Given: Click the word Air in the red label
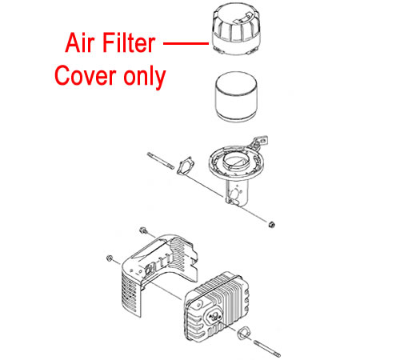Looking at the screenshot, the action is pyautogui.click(x=80, y=42).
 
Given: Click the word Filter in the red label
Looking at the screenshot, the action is pyautogui.click(x=129, y=42).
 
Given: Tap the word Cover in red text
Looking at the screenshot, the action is pyautogui.click(x=85, y=75).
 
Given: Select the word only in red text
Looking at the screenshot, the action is pyautogui.click(x=145, y=77).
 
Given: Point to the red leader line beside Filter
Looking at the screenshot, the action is pyautogui.click(x=186, y=42).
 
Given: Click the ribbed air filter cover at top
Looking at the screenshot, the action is pyautogui.click(x=236, y=29).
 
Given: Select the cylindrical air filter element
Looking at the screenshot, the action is pyautogui.click(x=236, y=97).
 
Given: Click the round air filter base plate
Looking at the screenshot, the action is pyautogui.click(x=234, y=162).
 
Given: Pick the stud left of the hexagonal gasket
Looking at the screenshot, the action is pyautogui.click(x=161, y=161).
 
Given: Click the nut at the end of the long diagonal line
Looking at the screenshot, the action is pyautogui.click(x=271, y=225).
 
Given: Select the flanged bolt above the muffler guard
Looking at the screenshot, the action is pyautogui.click(x=143, y=230).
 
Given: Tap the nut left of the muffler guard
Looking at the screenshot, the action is pyautogui.click(x=109, y=258).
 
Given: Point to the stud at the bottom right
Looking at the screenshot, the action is pyautogui.click(x=267, y=348).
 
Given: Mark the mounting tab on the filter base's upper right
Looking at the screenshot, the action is pyautogui.click(x=259, y=142).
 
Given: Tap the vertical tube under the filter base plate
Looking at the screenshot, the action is pyautogui.click(x=237, y=192).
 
